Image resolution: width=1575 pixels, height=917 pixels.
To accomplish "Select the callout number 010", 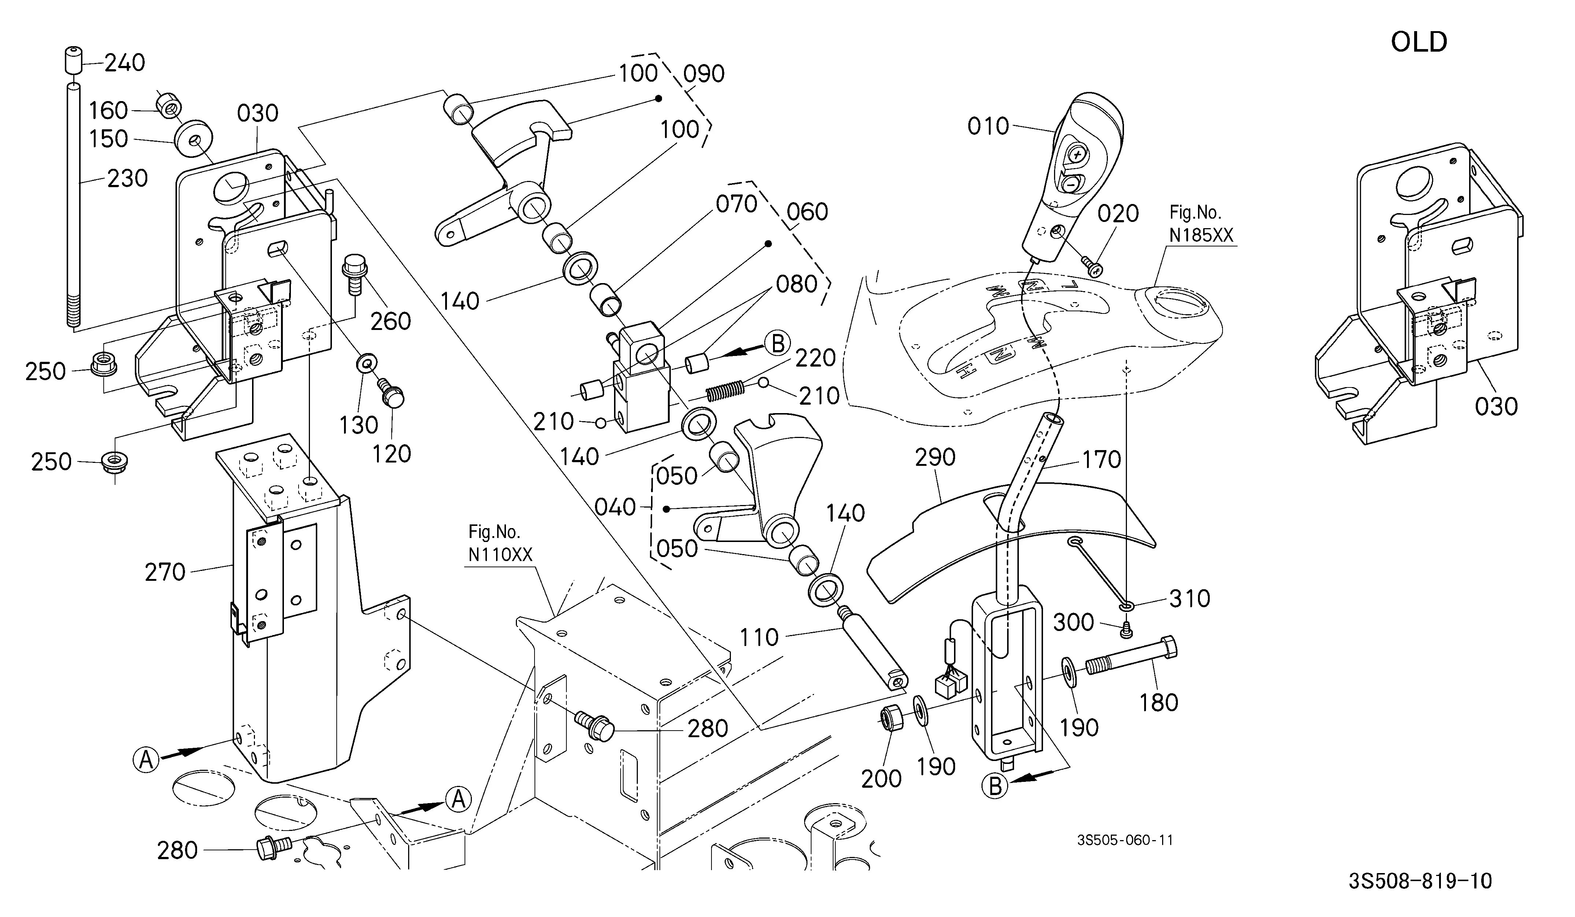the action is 988,126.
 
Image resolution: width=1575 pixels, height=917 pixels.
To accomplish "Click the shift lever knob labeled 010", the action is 1075,175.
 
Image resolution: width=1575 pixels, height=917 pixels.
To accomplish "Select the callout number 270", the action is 165,572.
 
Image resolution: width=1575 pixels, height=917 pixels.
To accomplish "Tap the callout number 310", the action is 1189,598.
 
